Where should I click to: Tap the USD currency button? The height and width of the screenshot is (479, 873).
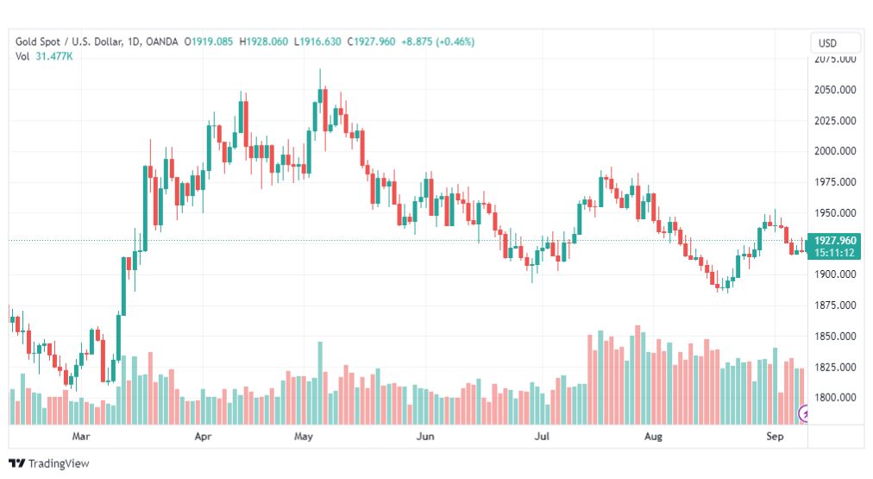pyautogui.click(x=827, y=43)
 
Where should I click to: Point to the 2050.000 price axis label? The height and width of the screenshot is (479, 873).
pyautogui.click(x=835, y=90)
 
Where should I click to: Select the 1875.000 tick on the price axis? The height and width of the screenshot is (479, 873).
pyautogui.click(x=835, y=306)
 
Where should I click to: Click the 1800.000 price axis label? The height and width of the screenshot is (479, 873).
pyautogui.click(x=835, y=398)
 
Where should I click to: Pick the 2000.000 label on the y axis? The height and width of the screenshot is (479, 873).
pyautogui.click(x=835, y=151)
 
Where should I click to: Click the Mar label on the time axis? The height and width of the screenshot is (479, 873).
pyautogui.click(x=81, y=437)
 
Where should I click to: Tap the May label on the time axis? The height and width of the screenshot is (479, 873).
pyautogui.click(x=303, y=437)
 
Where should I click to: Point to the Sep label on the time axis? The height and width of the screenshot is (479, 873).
pyautogui.click(x=775, y=437)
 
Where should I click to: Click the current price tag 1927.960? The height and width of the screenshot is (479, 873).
pyautogui.click(x=835, y=241)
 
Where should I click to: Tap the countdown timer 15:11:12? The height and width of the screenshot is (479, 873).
pyautogui.click(x=835, y=253)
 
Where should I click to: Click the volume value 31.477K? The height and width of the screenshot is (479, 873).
pyautogui.click(x=54, y=56)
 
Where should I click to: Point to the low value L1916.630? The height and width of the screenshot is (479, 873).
pyautogui.click(x=317, y=41)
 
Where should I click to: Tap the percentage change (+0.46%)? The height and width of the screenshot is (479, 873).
pyautogui.click(x=455, y=41)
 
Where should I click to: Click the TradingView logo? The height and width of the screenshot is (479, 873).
pyautogui.click(x=49, y=463)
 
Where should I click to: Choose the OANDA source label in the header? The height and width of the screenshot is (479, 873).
pyautogui.click(x=162, y=41)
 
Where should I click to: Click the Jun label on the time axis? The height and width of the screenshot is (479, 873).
pyautogui.click(x=425, y=437)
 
